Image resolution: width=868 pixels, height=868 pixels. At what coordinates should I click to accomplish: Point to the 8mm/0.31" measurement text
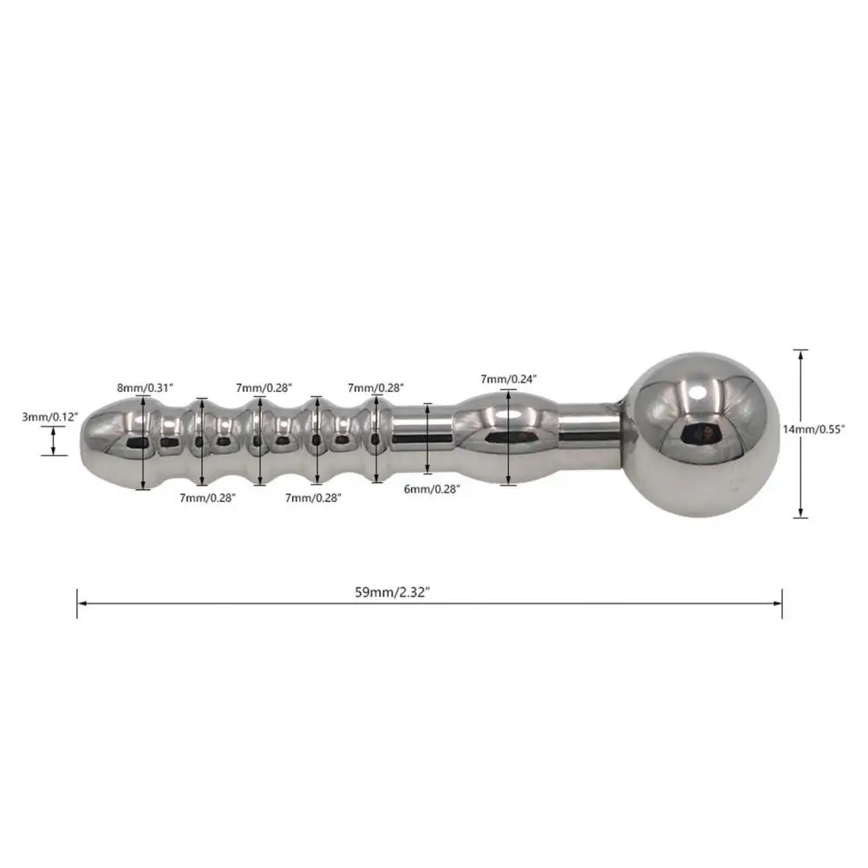point(143,387)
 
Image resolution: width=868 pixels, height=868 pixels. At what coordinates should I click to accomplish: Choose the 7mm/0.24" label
point(509,378)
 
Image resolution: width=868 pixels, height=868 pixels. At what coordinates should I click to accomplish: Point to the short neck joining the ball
point(590,427)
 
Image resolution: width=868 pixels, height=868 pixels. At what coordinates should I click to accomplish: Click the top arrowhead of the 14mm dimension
point(800,353)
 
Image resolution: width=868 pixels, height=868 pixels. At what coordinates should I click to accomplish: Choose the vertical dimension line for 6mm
point(428,438)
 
